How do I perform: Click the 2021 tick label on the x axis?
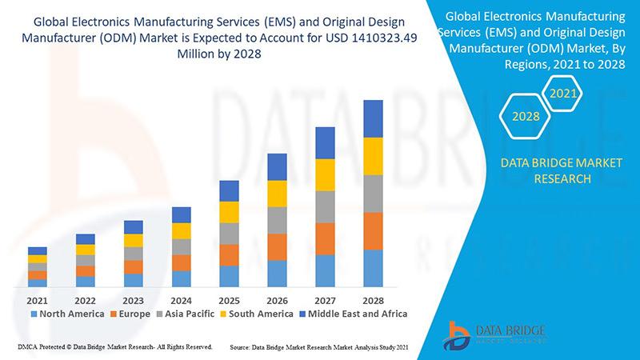(x=38, y=300)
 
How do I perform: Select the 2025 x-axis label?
(x=230, y=300)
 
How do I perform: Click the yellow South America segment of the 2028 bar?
(x=378, y=156)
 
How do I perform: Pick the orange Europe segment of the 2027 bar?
(x=325, y=238)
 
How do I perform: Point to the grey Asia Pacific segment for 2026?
(x=277, y=220)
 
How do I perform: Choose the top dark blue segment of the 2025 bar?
(x=230, y=190)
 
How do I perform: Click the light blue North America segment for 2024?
(x=182, y=278)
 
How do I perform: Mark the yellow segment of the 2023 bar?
(x=134, y=240)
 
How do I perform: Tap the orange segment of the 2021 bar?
(x=38, y=275)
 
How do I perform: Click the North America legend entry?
(x=67, y=314)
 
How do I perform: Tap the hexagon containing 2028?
(x=525, y=116)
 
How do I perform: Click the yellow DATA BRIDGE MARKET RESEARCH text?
(x=550, y=170)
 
